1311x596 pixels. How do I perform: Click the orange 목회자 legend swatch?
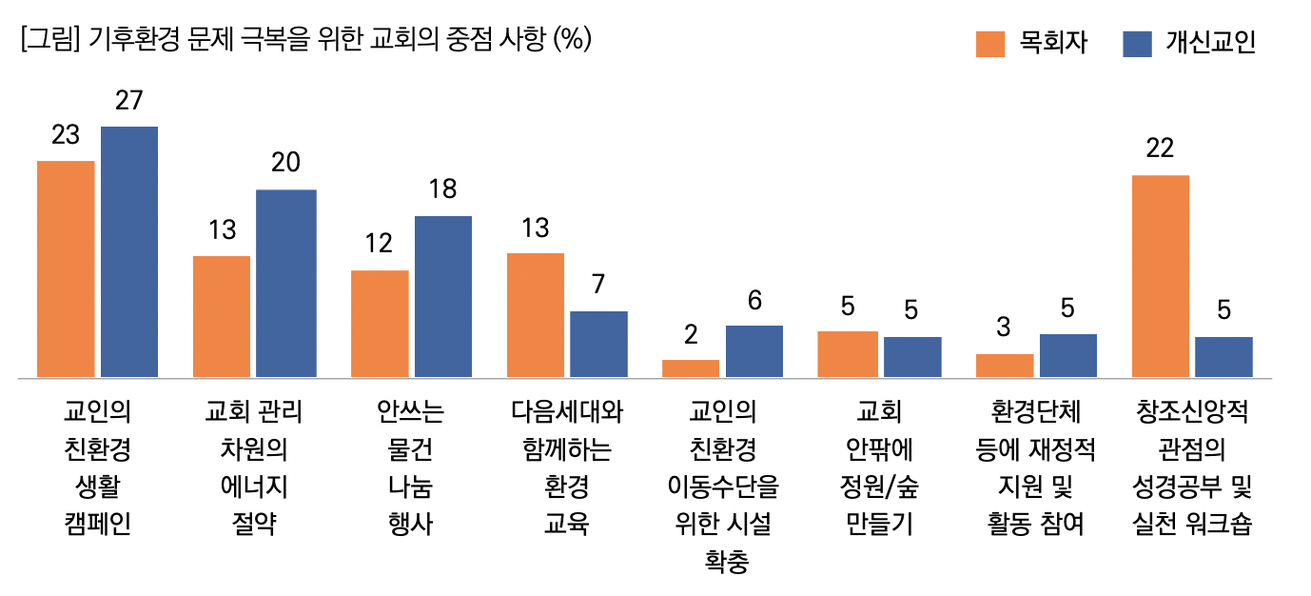tap(990, 44)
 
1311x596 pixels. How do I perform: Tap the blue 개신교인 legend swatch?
tap(1138, 44)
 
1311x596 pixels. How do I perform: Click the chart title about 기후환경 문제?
tap(304, 40)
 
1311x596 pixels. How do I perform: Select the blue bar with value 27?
tap(129, 251)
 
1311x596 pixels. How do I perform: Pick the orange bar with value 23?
tap(66, 268)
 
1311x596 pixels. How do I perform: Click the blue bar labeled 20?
tap(285, 283)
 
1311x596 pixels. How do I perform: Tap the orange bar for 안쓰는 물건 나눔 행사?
tap(380, 324)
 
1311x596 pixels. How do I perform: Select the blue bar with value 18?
tap(443, 296)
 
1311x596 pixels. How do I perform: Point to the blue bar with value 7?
tap(598, 344)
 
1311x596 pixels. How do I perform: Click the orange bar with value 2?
tap(691, 368)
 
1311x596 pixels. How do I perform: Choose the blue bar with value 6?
tap(754, 350)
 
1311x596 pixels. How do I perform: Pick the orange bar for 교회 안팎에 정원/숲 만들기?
tap(848, 353)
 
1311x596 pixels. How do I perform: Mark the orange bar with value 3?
tap(1005, 365)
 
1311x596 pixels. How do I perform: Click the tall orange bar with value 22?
tap(1160, 276)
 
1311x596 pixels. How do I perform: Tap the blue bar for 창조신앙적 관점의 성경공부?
tap(1223, 356)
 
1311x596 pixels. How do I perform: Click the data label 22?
tap(1160, 149)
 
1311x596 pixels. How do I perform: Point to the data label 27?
tap(128, 100)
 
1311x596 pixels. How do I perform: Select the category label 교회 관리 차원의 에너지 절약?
tap(253, 467)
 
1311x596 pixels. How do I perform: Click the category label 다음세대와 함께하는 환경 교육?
tap(567, 467)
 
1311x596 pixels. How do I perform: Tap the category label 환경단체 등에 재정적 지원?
tap(1035, 467)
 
